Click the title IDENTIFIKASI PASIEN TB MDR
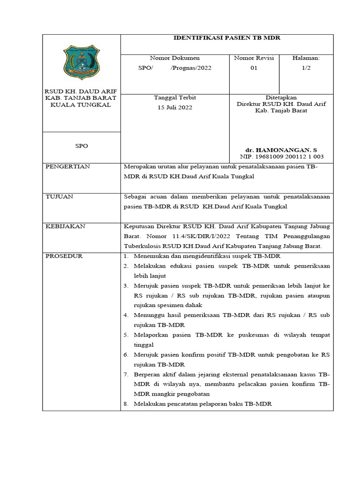click(227, 37)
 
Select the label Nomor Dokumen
click(174, 58)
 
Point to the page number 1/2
click(306, 68)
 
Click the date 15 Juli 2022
click(174, 107)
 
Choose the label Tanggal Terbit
click(174, 97)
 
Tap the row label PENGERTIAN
click(67, 166)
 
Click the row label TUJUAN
click(59, 196)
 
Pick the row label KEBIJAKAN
click(65, 226)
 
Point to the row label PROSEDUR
click(64, 256)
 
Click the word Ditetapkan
click(281, 97)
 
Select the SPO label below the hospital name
click(82, 146)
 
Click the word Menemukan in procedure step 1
click(151, 256)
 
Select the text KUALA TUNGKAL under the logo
click(81, 105)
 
